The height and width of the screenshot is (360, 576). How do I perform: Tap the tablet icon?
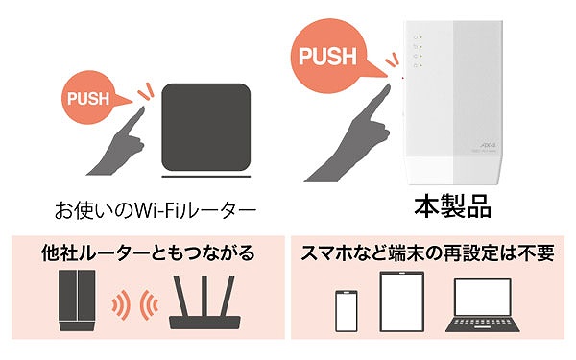click(400, 302)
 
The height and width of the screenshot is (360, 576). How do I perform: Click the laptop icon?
click(484, 306)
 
